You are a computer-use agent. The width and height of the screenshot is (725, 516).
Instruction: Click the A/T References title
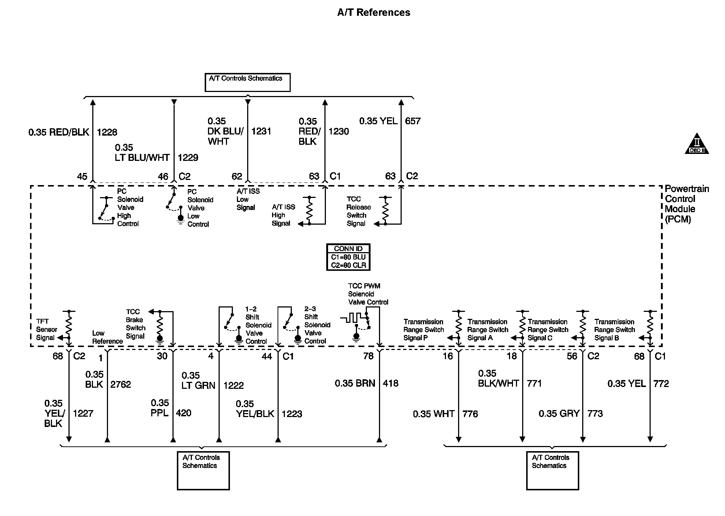click(x=373, y=12)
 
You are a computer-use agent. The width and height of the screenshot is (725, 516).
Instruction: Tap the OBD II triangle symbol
click(x=697, y=144)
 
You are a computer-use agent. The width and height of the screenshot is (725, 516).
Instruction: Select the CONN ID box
click(x=348, y=257)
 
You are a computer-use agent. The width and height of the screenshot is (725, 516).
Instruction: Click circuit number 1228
click(x=107, y=132)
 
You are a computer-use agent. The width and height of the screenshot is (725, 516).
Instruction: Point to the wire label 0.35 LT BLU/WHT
click(x=142, y=153)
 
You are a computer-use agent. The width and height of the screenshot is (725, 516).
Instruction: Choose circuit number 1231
click(x=261, y=131)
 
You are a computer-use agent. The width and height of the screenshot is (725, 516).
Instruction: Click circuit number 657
click(x=413, y=121)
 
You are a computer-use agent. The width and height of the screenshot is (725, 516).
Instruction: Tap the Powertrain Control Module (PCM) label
click(x=687, y=204)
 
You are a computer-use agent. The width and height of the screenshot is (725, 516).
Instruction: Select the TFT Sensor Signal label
click(x=47, y=329)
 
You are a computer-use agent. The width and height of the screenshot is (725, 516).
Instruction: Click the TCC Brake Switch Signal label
click(x=135, y=324)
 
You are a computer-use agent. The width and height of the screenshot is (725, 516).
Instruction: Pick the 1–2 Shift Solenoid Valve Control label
click(x=258, y=325)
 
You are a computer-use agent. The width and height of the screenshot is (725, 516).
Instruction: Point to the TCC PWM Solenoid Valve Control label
click(x=368, y=294)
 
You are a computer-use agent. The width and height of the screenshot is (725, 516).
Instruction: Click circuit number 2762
click(x=120, y=384)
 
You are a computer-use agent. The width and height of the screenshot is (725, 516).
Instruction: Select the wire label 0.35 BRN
click(x=355, y=383)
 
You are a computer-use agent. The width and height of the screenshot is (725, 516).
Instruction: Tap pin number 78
click(x=368, y=356)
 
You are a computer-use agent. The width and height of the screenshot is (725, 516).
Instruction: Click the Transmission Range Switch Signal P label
click(x=423, y=330)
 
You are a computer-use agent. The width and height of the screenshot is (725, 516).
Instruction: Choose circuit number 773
click(x=595, y=414)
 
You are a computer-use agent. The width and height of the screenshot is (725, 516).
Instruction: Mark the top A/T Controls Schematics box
click(x=248, y=82)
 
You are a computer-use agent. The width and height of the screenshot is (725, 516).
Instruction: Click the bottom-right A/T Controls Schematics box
click(x=552, y=471)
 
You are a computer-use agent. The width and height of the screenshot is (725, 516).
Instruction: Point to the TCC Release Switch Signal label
click(x=358, y=211)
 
